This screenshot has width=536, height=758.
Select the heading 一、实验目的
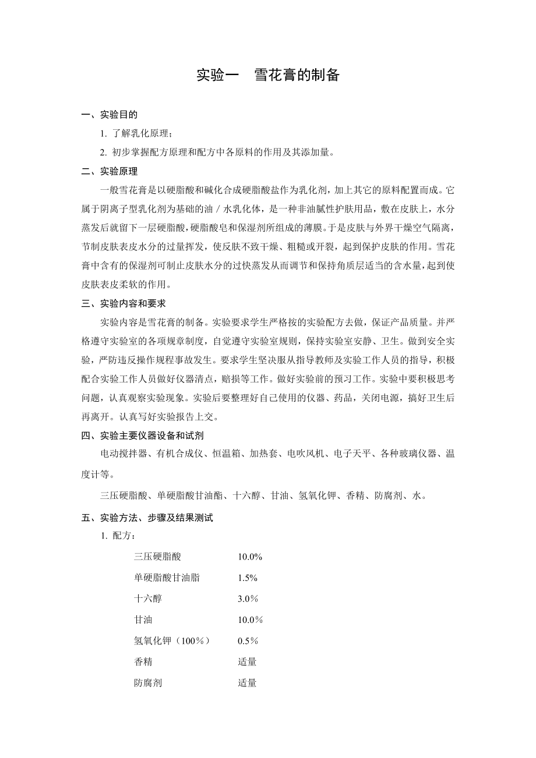(110, 115)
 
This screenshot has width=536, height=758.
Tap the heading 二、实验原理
(110, 171)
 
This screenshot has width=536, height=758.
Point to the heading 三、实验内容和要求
(125, 303)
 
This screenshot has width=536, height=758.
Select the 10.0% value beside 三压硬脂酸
(250, 557)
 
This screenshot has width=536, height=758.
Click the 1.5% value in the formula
(248, 578)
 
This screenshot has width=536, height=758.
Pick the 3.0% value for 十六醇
(248, 599)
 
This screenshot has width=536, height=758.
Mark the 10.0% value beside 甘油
(250, 620)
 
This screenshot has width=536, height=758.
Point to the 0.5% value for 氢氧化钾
(248, 641)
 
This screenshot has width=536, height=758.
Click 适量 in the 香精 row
(247, 662)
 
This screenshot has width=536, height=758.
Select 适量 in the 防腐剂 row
(247, 683)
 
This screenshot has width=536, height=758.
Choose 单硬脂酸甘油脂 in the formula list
(167, 578)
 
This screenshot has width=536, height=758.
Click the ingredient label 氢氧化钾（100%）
(172, 641)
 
